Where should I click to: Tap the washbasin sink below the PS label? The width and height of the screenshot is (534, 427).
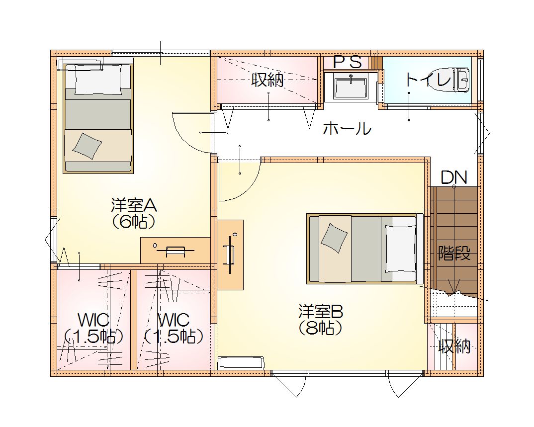351,88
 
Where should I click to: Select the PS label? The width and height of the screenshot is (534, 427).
347,62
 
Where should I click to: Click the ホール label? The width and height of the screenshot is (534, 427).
347,129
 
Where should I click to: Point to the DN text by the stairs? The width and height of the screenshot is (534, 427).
453,177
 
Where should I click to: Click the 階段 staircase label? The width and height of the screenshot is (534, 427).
454,253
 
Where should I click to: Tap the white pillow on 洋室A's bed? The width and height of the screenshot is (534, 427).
98,80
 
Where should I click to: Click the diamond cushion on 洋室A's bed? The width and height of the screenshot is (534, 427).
87,146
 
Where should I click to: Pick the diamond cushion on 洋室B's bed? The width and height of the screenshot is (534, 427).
334,238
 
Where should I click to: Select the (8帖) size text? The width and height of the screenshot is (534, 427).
320,328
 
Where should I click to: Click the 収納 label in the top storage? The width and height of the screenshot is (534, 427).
267,80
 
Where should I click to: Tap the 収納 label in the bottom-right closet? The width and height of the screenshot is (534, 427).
454,346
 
